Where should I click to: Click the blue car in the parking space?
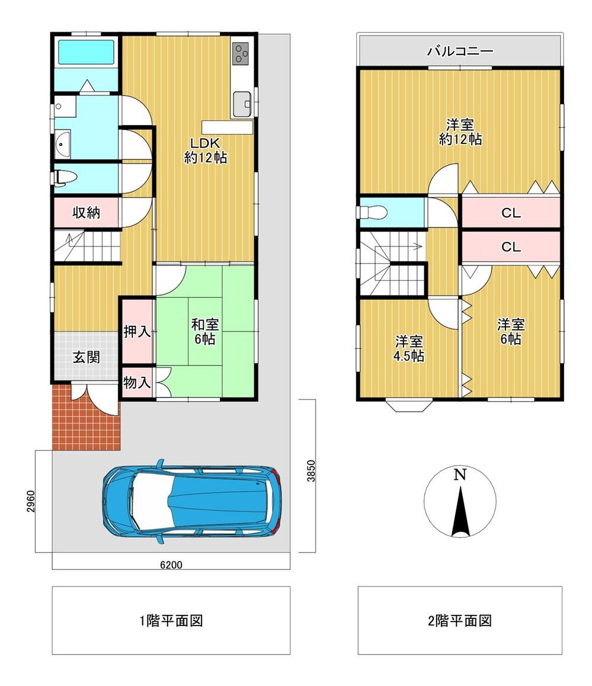(190, 501)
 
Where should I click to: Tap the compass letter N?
(460, 475)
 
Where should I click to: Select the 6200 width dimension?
(171, 565)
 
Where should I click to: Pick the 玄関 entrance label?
(86, 357)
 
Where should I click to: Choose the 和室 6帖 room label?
(204, 331)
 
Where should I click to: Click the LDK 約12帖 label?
(205, 150)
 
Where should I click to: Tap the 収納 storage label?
(87, 213)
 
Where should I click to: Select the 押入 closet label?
(137, 331)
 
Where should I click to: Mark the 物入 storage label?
(137, 382)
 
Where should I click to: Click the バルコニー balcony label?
(460, 51)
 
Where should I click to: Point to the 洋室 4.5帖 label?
(409, 349)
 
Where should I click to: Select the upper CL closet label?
(510, 213)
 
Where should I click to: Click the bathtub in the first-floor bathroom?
(86, 53)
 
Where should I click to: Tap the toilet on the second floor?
(374, 212)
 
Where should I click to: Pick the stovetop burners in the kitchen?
(241, 53)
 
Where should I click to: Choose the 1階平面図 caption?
(171, 620)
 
